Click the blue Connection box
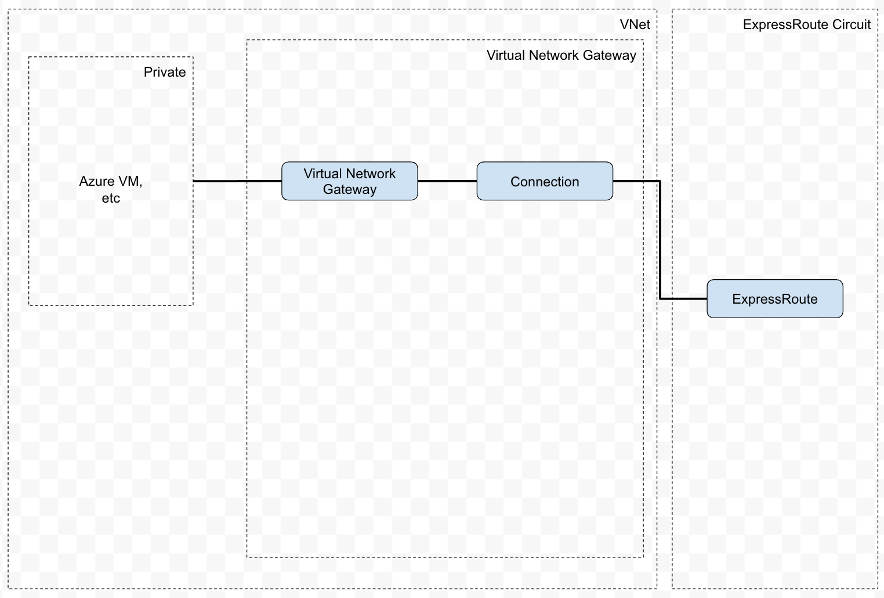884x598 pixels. coord(544,181)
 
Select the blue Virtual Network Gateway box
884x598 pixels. coord(349,181)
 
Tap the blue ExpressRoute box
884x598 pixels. coord(774,299)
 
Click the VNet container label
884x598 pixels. coord(635,24)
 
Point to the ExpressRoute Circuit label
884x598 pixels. coord(806,24)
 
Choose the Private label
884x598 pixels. coord(165,72)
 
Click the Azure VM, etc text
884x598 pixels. coord(111,189)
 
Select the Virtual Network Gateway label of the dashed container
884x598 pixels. coord(561,55)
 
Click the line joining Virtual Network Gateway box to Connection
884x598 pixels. coord(447,181)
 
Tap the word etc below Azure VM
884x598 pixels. coord(111,198)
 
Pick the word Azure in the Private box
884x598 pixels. coord(96,181)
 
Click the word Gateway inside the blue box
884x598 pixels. coord(349,189)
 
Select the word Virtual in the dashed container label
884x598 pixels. coord(506,55)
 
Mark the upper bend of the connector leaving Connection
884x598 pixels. coord(660,181)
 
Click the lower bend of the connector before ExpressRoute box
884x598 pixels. coord(660,299)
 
